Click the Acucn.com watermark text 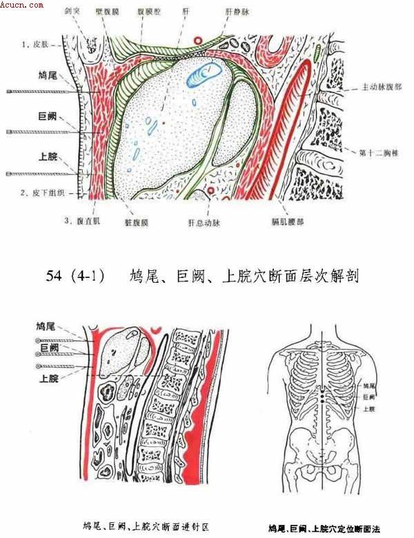point(23,5)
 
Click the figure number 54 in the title point(55,277)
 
